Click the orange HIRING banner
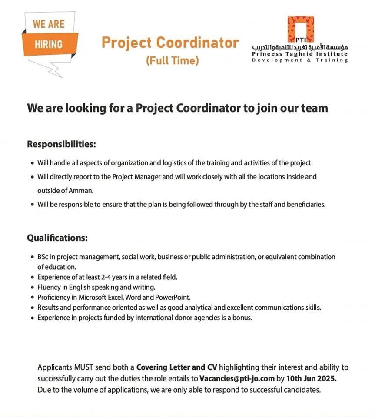48,44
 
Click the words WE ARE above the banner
49,24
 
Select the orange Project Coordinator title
170,43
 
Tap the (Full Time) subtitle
172,60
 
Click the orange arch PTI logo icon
300,29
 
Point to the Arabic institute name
300,46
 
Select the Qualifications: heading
57,238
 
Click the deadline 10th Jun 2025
311,378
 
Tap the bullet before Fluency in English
33,288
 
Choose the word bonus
242,318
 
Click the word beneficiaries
305,204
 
